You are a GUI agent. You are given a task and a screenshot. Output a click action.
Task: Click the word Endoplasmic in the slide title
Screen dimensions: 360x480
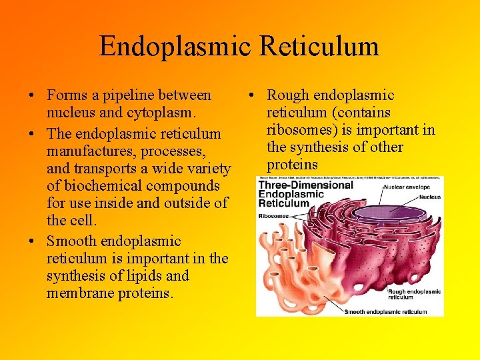point(174,46)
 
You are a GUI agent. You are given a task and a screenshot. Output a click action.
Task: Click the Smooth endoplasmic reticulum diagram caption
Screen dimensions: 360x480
point(386,311)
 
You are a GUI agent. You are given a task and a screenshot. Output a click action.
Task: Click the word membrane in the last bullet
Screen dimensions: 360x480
point(75,293)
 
